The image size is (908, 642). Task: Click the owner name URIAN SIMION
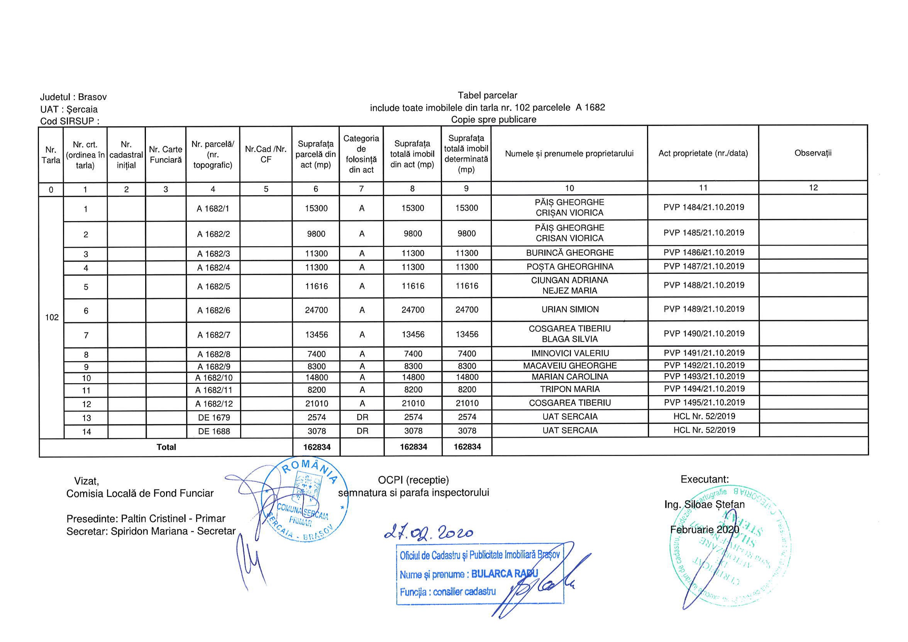(x=570, y=309)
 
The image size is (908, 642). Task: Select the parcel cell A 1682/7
(x=213, y=335)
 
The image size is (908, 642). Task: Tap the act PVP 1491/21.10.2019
(x=704, y=353)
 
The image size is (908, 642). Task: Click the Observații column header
(x=813, y=154)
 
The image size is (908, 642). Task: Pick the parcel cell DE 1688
(x=213, y=431)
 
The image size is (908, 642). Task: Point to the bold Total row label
(x=166, y=447)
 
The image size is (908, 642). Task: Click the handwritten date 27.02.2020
(x=428, y=533)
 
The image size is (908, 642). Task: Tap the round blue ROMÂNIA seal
(x=305, y=500)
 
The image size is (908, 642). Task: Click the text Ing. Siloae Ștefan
(x=704, y=505)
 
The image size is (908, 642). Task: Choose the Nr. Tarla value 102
(x=52, y=318)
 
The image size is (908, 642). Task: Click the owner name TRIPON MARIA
(x=570, y=389)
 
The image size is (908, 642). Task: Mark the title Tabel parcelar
(x=487, y=95)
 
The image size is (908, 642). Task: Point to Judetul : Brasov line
(x=74, y=97)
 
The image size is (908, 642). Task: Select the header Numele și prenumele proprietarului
(x=569, y=154)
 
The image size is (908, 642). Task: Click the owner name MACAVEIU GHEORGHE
(x=570, y=366)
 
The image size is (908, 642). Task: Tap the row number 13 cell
(x=86, y=418)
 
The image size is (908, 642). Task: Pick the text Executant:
(x=704, y=480)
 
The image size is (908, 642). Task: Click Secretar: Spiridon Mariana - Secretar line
(x=151, y=531)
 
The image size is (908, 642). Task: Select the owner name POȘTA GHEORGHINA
(x=570, y=267)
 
